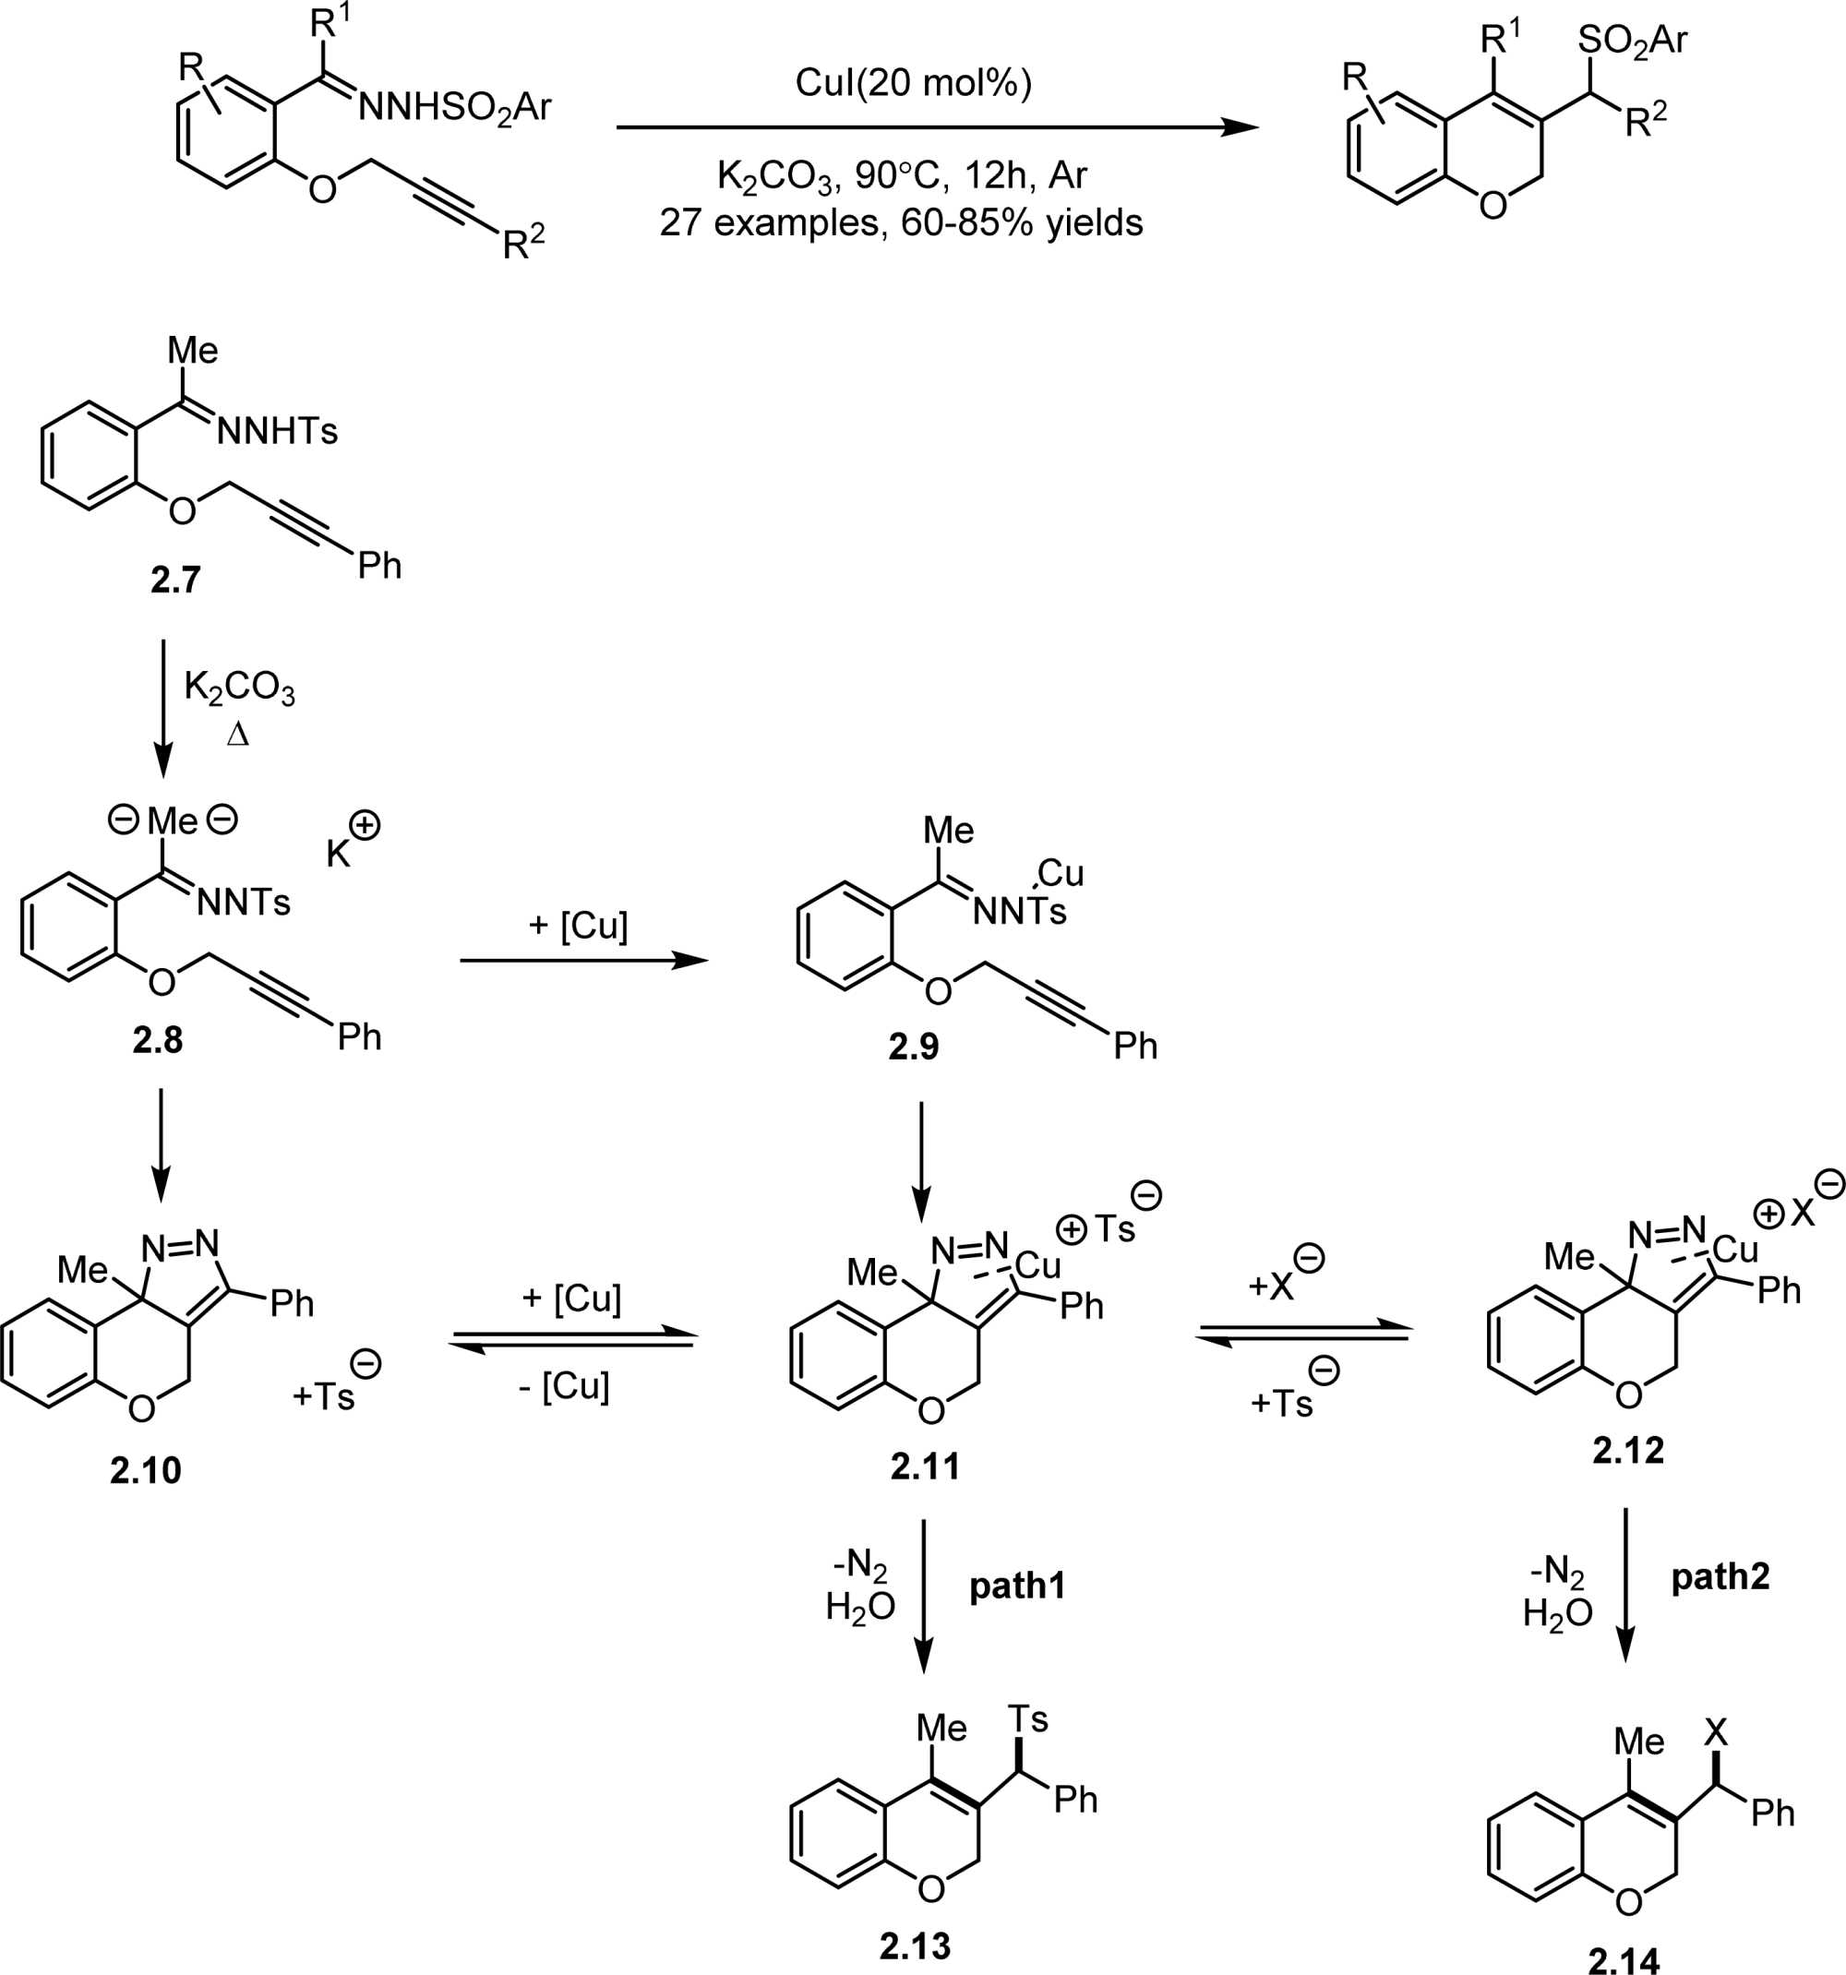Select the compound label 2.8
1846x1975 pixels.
[157, 1040]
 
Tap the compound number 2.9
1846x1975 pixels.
[913, 1047]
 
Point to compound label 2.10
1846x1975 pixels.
[145, 1469]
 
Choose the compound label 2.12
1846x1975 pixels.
[1627, 1451]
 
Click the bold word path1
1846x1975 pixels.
[1016, 1586]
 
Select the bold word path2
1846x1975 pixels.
[1720, 1576]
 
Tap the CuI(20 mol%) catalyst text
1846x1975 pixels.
[913, 82]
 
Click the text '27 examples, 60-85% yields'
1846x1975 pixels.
[901, 221]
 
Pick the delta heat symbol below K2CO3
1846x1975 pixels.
[237, 735]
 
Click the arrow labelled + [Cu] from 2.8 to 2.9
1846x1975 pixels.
[584, 961]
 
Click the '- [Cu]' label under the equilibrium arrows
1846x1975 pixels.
[563, 1386]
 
